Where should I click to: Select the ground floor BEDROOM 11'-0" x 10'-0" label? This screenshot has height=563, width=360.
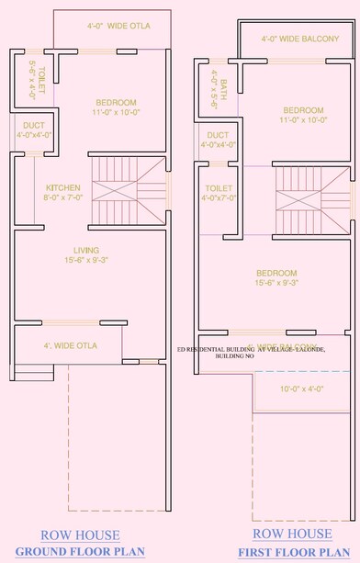pos(117,107)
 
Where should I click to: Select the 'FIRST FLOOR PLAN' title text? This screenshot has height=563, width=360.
pos(294,552)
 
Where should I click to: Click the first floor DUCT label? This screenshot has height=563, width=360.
pos(219,139)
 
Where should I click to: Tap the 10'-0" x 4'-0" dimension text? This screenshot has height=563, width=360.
pos(302,388)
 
